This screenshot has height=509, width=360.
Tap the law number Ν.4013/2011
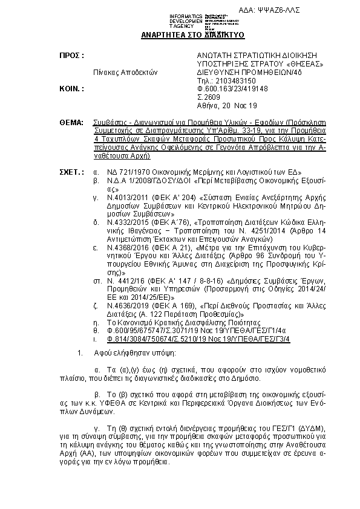point(119,197)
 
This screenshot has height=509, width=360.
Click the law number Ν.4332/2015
point(119,222)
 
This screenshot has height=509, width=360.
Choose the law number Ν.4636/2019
point(119,306)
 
